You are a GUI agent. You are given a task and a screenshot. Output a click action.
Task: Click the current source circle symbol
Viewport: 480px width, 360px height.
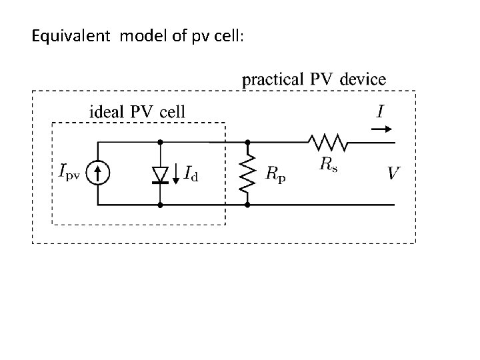tap(99, 173)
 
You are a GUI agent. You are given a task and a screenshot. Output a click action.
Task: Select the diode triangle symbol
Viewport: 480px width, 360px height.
tap(160, 174)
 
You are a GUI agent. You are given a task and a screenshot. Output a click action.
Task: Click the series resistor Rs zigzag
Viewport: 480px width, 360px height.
tap(325, 142)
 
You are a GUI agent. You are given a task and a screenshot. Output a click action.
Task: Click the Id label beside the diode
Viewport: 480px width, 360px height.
tap(191, 175)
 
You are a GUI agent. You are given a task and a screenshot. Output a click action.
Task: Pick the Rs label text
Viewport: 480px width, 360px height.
tap(327, 165)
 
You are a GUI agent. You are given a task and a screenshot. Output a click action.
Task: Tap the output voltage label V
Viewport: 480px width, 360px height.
tap(394, 173)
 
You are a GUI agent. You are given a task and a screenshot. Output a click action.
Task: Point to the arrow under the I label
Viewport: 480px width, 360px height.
tap(381, 129)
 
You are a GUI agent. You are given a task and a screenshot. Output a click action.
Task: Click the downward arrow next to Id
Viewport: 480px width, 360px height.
tap(175, 173)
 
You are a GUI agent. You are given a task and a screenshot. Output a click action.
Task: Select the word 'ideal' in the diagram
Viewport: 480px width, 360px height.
tap(105, 111)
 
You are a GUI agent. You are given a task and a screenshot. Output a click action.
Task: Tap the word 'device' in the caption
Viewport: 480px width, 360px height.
tap(362, 79)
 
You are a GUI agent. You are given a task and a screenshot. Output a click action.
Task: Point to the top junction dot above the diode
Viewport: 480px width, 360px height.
tap(160, 142)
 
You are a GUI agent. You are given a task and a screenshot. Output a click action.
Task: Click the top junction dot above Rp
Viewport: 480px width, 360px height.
tap(247, 142)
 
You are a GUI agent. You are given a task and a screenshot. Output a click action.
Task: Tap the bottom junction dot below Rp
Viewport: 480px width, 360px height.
tap(247, 204)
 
